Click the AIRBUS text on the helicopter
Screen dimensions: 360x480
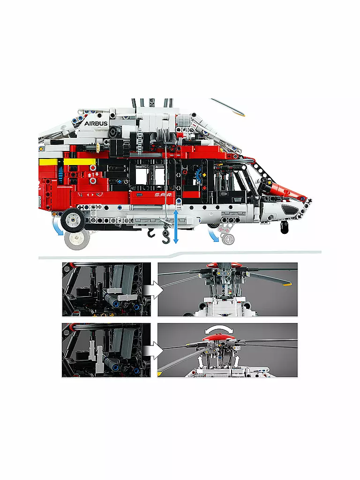pos(96,123)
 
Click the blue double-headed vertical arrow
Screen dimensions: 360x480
pos(176,226)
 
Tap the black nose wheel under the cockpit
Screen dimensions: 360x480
pos(285,228)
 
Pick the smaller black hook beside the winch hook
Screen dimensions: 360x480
pos(151,232)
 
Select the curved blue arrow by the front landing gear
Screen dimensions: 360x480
pos(213,235)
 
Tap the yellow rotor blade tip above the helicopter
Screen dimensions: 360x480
pos(241,114)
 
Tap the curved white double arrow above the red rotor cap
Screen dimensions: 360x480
pos(219,330)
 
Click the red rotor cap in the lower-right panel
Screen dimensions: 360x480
pos(219,337)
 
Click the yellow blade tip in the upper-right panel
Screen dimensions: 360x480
pos(286,285)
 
